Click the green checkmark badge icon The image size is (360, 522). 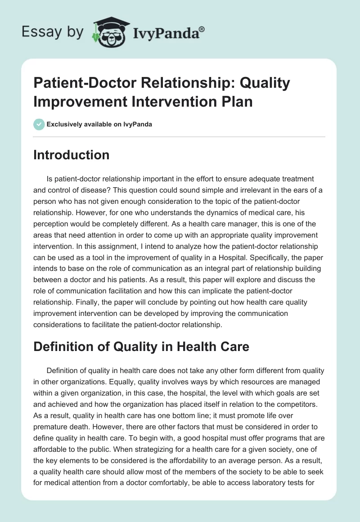(39, 124)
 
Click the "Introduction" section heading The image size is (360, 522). (72, 155)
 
